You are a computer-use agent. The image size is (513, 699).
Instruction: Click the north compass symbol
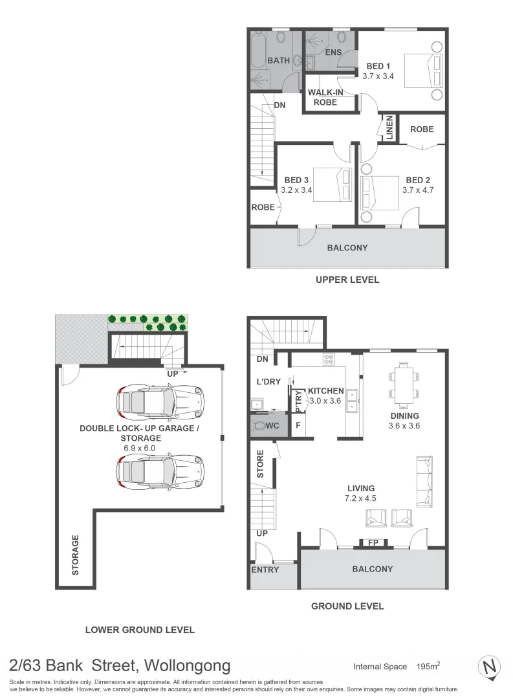pyautogui.click(x=490, y=667)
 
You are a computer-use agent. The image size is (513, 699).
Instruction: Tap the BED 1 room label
pyautogui.click(x=378, y=66)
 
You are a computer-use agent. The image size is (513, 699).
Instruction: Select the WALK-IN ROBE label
pyautogui.click(x=325, y=97)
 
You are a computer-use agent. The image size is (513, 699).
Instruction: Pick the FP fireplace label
pyautogui.click(x=373, y=544)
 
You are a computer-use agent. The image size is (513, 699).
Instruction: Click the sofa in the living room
pyautogui.click(x=425, y=481)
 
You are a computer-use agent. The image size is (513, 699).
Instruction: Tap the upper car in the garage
pyautogui.click(x=160, y=402)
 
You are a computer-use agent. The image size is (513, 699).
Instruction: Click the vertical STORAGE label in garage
pyautogui.click(x=75, y=555)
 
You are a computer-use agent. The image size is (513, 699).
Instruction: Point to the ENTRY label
pyautogui.click(x=265, y=570)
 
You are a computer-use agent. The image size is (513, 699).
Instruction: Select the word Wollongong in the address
pyautogui.click(x=187, y=665)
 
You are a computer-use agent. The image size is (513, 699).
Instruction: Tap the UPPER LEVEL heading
pyautogui.click(x=347, y=280)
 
